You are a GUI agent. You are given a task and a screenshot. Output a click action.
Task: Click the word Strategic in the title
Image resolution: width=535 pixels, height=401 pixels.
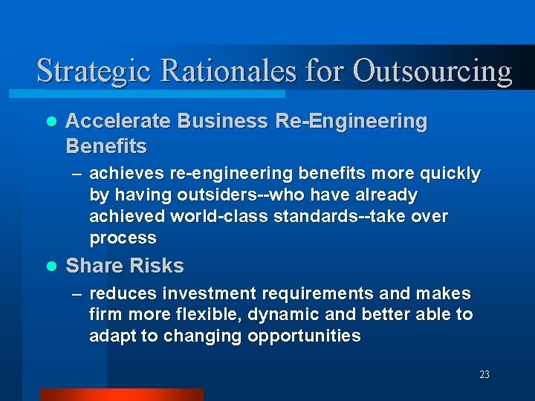tap(92, 71)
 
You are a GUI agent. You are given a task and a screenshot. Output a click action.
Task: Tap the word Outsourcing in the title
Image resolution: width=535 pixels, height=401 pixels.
tap(432, 71)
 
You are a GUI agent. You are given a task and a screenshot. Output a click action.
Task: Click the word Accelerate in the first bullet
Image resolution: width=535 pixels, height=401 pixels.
tap(118, 121)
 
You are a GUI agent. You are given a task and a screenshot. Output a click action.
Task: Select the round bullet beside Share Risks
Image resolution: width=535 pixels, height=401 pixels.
tap(51, 266)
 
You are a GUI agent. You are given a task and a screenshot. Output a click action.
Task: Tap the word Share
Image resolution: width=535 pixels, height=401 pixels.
tap(94, 266)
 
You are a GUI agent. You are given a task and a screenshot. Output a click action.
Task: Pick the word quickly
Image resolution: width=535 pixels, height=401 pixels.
tap(450, 175)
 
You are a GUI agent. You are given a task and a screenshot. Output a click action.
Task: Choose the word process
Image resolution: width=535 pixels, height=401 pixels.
tap(123, 238)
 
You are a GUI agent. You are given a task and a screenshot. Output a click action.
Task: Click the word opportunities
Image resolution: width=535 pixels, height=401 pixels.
tap(304, 336)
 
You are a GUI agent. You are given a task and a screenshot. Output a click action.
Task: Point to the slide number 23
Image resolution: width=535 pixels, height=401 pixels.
tap(484, 374)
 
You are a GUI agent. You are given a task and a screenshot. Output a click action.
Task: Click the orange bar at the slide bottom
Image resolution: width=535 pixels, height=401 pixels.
tap(121, 394)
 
